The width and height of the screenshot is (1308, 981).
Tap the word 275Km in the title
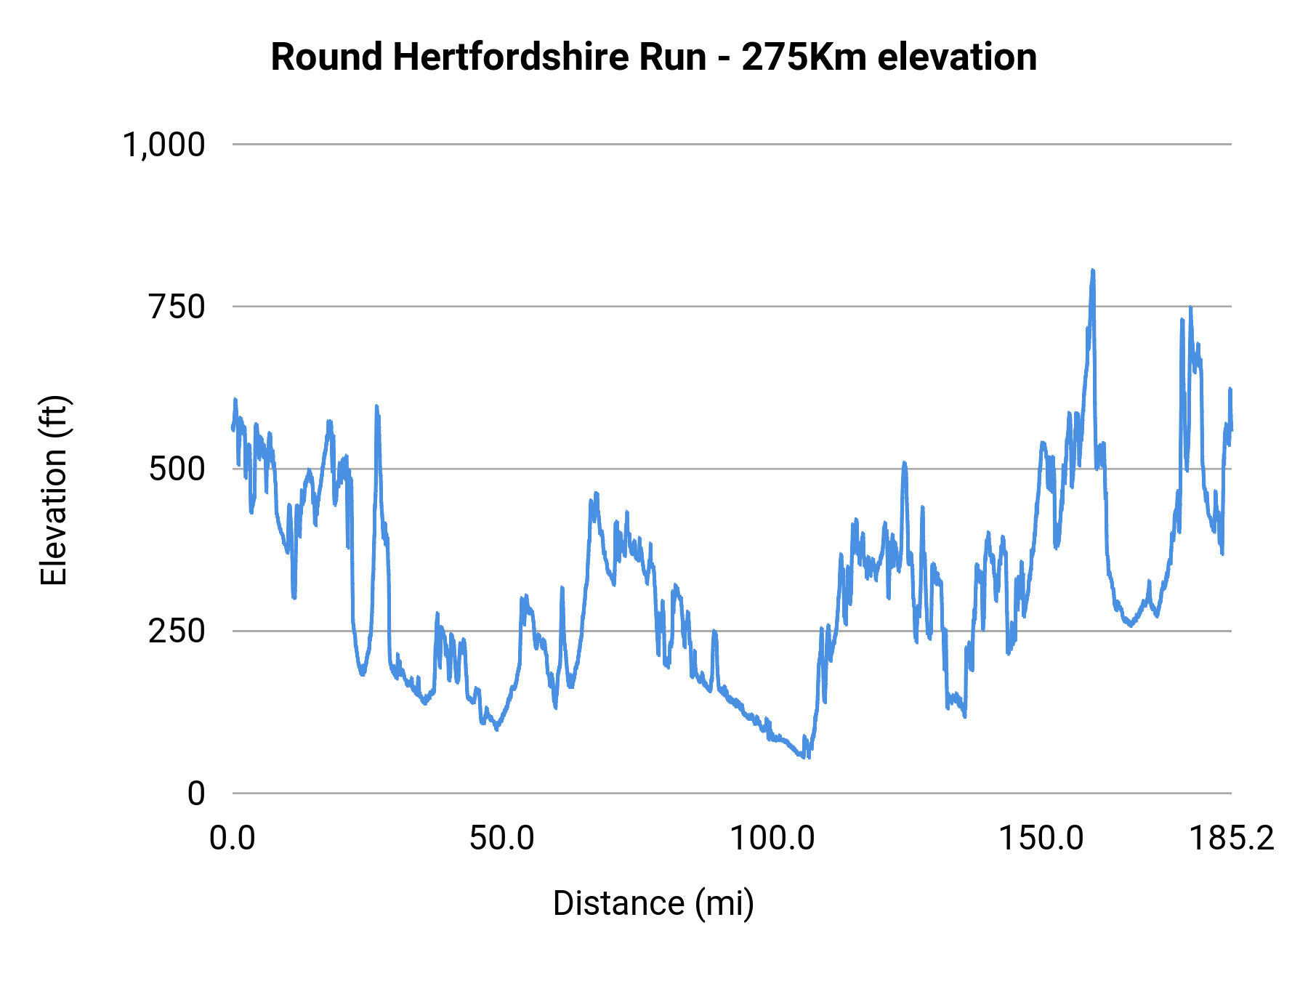click(804, 57)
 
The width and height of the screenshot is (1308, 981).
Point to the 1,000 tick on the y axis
click(163, 145)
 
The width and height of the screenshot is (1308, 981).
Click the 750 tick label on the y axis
click(177, 307)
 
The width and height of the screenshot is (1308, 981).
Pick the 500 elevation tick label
click(177, 469)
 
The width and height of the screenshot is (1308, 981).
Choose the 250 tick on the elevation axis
click(177, 631)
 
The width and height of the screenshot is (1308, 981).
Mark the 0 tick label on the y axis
click(195, 794)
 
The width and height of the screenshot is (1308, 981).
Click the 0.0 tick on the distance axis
click(233, 839)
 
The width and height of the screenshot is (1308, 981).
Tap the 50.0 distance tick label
click(501, 839)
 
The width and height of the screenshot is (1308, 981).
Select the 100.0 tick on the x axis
click(772, 839)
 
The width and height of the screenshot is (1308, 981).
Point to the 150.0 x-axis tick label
click(1041, 839)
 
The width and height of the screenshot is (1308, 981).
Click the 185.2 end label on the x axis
click(1231, 839)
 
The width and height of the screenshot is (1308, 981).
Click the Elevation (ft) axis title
click(54, 490)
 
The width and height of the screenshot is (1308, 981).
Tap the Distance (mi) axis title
click(653, 903)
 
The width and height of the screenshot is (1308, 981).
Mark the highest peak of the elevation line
click(1092, 271)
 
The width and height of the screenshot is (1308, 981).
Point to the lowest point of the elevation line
click(808, 757)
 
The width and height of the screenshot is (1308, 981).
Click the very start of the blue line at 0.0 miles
click(233, 427)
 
